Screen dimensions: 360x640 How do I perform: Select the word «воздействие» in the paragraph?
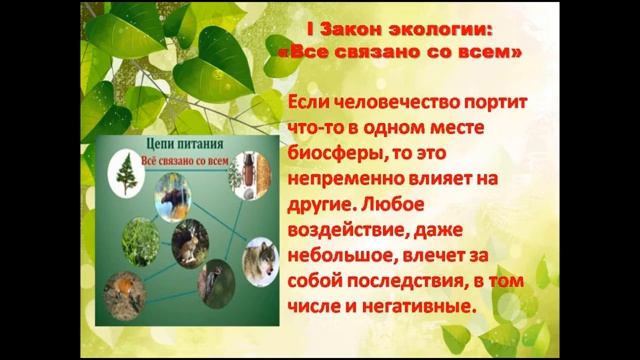tap(340, 229)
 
